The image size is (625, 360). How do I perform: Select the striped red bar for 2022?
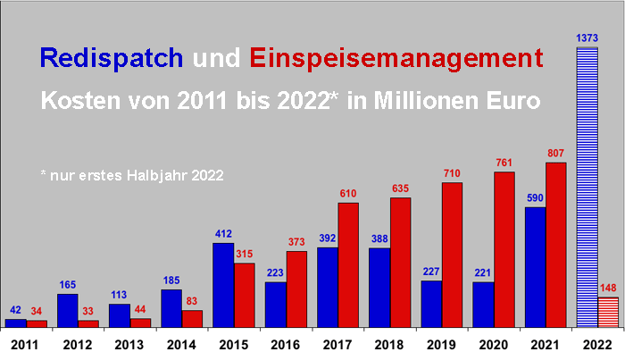pos(608,312)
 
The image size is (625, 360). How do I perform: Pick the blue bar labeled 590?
pos(535,267)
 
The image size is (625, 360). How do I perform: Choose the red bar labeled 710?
pos(452,255)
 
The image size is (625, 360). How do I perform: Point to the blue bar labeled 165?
pos(67,310)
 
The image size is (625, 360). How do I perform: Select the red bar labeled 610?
pos(347,264)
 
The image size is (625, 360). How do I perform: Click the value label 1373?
pos(587,36)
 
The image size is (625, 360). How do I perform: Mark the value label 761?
pos(504,163)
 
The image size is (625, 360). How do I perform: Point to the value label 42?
pos(16,311)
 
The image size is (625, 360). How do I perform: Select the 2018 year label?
pos(390,343)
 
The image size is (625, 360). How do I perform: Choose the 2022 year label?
pos(598,343)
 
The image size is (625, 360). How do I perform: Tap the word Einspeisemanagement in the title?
pos(397,58)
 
